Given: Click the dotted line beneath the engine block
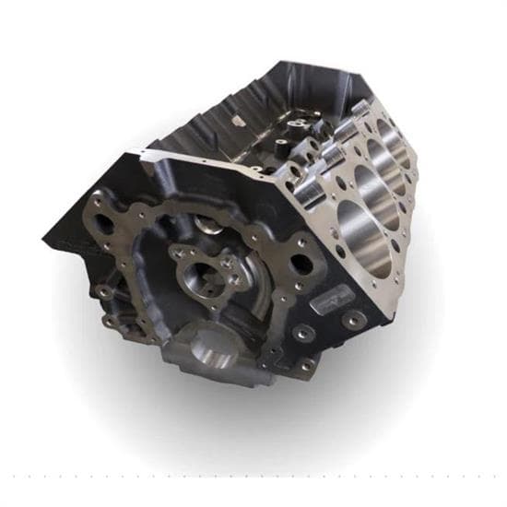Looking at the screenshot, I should click(253, 478).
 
